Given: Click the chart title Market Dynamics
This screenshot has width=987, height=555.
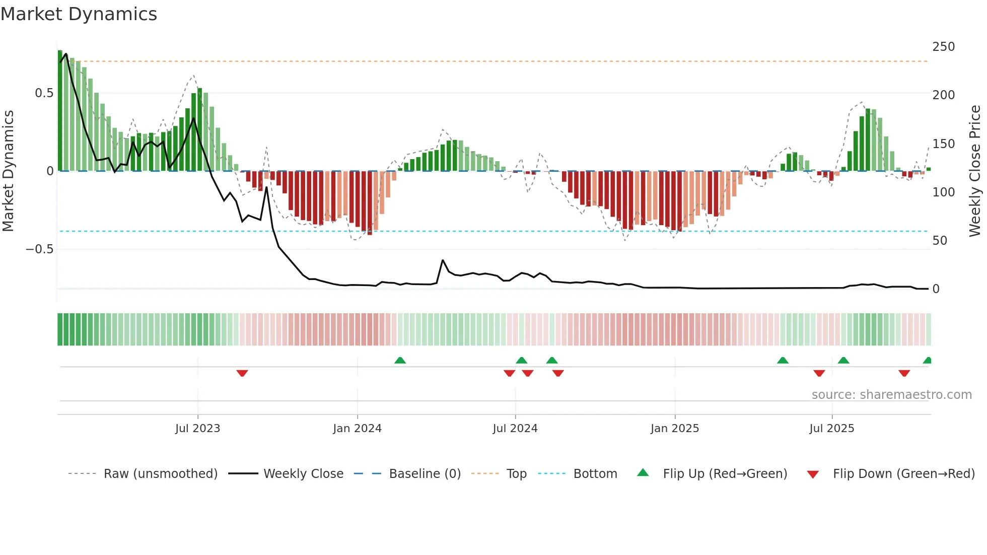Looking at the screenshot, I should coord(79,14).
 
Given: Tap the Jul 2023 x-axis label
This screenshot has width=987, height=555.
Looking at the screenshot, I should coord(197,429).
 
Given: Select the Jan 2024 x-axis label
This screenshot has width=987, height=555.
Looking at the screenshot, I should coord(357,429).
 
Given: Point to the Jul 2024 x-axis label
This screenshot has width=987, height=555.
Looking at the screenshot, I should coord(515,429).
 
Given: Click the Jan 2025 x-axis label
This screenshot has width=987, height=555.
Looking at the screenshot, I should coord(674,429).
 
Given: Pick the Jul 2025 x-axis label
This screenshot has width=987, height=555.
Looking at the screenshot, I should coord(831,429).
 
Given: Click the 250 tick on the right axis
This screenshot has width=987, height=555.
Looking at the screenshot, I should coord(943,47).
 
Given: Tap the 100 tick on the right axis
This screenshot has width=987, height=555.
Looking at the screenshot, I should coord(943,192).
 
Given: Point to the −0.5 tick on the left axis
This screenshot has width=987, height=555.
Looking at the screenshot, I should coord(39,249).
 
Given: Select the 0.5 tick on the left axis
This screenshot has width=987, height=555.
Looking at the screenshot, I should coord(44,93).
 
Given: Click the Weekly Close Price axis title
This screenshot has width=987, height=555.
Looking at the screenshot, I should coord(975,171).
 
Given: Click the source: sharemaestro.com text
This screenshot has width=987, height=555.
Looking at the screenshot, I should coord(891,395).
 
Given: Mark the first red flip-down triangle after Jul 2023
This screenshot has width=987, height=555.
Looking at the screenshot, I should coord(242,373).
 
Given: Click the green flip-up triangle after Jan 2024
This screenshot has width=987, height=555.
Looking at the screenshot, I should coord(400,360).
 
